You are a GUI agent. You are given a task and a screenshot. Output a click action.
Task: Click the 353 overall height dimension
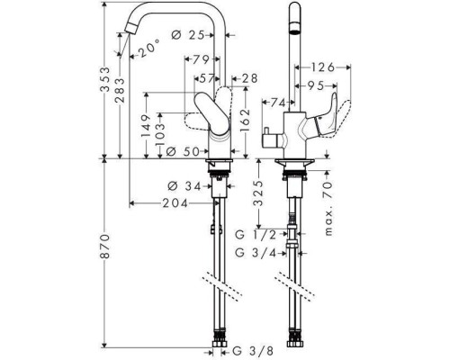coord(105,79)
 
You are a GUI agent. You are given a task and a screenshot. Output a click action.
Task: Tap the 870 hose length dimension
coord(105,247)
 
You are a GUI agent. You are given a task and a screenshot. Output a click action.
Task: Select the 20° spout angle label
coord(149,48)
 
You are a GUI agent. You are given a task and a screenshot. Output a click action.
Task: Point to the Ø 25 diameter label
coord(188,35)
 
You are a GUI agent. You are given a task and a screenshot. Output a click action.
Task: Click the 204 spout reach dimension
coord(175,203)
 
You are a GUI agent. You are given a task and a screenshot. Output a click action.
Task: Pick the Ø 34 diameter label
coord(184,186)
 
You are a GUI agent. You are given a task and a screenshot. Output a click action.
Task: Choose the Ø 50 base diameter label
coord(183,152)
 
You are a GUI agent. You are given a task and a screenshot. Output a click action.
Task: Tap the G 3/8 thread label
coord(254,351)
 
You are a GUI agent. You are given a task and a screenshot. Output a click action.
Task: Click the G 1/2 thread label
coord(256,235)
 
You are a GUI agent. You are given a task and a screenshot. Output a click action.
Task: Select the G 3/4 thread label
coord(256,253)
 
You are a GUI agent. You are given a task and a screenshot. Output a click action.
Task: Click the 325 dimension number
coord(258,193)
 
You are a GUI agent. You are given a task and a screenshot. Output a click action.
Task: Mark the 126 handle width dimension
coord(322,67)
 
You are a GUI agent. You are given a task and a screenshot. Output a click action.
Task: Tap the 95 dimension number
coord(315,86)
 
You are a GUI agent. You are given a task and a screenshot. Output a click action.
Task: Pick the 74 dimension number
coord(278,103)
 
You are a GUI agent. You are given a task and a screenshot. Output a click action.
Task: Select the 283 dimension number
coord(120,90)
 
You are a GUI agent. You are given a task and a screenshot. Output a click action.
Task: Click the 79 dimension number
coord(201,59)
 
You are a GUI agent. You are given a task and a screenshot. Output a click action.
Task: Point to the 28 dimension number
coord(249,78)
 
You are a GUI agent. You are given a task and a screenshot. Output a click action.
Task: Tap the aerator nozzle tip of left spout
coord(130,29)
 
